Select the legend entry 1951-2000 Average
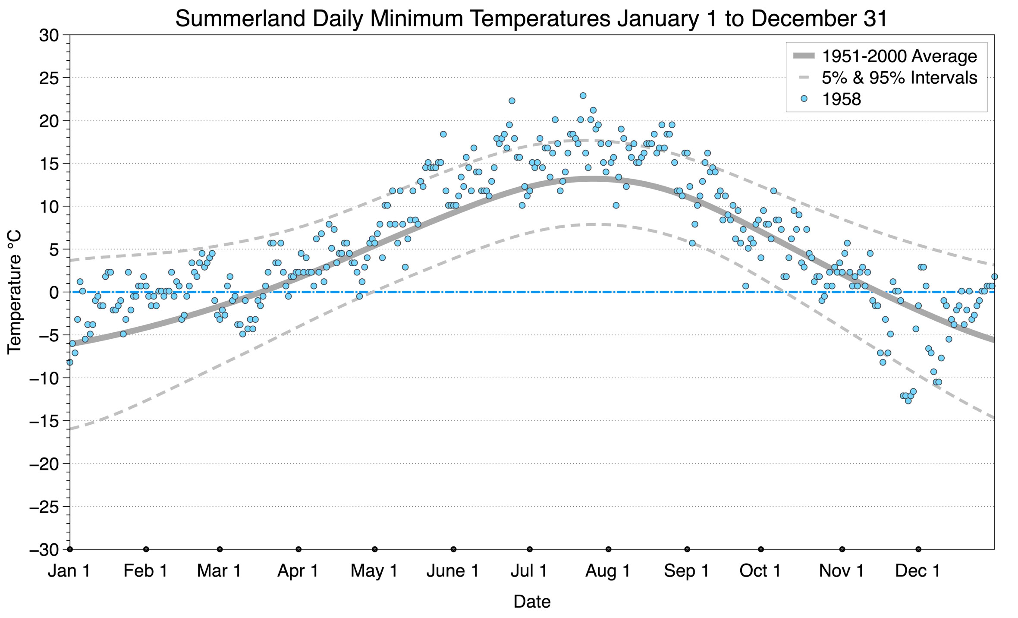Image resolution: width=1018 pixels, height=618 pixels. point(899,56)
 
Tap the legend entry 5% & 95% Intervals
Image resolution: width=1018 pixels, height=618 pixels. point(899,78)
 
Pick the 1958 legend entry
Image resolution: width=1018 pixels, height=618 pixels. point(841,99)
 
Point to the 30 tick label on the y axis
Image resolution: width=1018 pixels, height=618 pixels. point(48,35)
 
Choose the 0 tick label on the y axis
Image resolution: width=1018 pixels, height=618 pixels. point(53,293)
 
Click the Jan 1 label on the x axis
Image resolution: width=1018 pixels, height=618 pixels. point(69,571)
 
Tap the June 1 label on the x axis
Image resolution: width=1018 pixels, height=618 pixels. point(452,571)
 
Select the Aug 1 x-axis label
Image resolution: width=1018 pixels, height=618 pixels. point(608,571)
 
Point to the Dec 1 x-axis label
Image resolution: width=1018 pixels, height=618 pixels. point(917,571)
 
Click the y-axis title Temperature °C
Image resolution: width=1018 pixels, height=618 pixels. point(14,292)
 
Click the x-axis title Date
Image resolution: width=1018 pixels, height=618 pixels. point(532,602)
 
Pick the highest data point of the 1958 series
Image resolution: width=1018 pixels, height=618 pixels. point(583,95)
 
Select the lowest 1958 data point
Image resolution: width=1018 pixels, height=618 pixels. point(908,401)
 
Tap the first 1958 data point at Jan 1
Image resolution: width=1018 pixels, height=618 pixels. point(70,362)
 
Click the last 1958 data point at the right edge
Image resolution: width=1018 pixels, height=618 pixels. point(994,277)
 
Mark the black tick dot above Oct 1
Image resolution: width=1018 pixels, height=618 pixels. point(761,549)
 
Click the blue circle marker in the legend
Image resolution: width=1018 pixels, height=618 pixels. point(804,99)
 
